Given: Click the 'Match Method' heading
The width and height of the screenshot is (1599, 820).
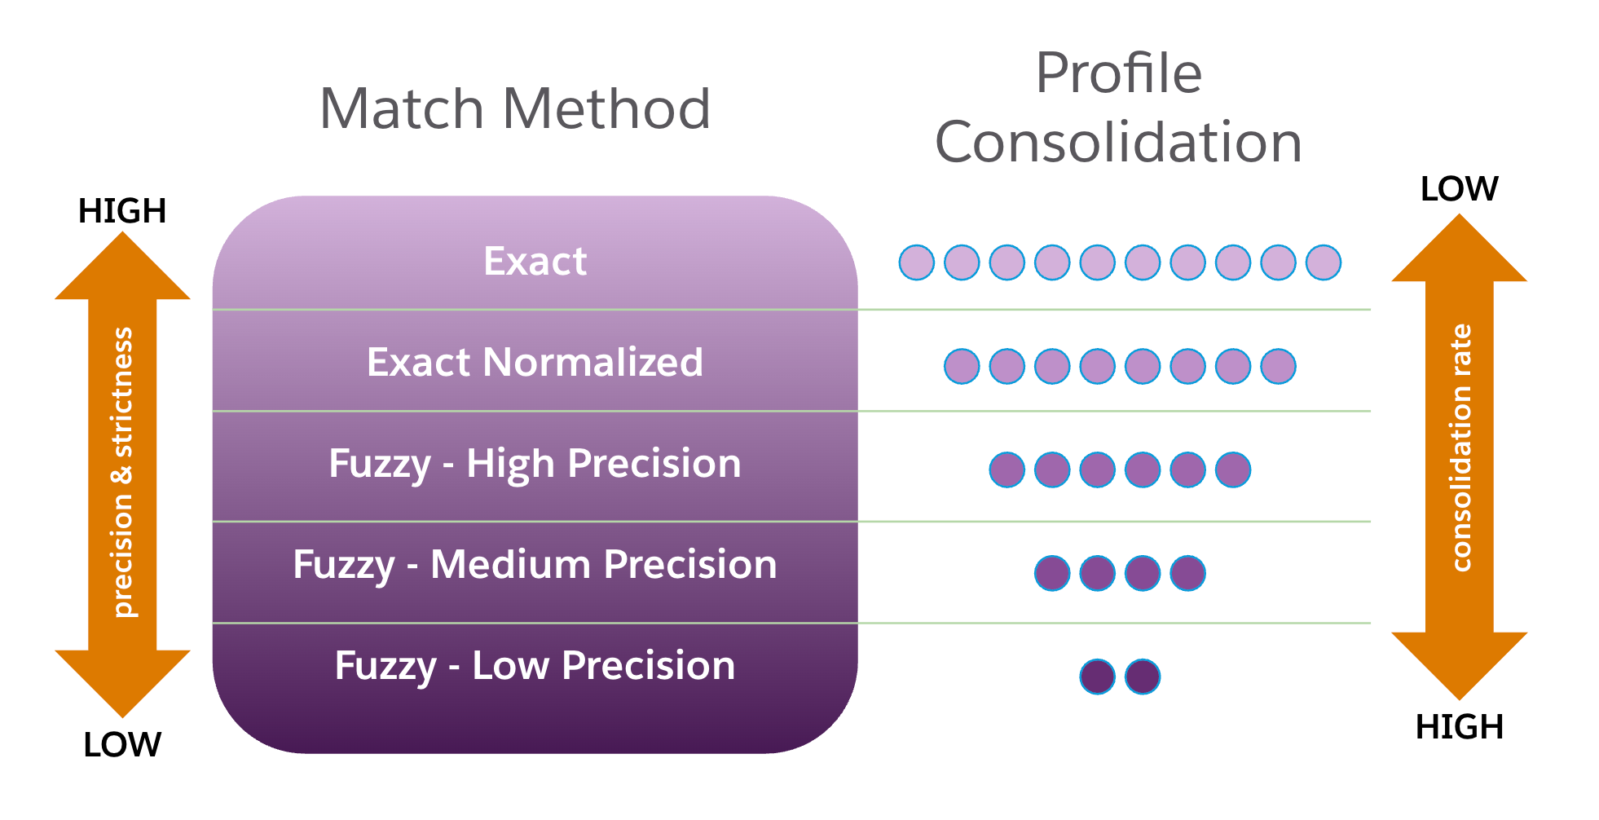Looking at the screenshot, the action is point(515,108).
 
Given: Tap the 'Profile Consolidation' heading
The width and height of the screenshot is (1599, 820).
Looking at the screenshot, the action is point(1118,108).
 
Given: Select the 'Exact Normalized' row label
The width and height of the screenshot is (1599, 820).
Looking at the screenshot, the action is point(535,362).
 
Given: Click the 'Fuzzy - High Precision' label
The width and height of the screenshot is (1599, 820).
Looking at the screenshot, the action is point(535,464).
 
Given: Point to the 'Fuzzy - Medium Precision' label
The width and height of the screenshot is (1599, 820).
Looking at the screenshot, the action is point(535,565).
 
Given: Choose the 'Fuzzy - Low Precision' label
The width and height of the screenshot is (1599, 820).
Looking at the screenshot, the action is point(535,666).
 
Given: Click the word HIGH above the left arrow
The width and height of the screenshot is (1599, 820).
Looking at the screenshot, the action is point(122,211).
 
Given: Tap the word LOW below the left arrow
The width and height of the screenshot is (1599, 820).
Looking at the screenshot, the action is point(122,745).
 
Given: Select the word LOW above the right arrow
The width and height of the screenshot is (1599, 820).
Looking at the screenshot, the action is point(1459,189).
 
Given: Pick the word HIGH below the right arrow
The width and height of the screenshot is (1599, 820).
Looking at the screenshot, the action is point(1459,727).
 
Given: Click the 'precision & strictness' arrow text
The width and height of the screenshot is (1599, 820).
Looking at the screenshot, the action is point(122,473).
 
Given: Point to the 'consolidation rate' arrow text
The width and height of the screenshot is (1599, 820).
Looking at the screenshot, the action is point(1461,447).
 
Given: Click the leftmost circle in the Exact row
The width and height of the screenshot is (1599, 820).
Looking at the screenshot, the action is point(917,262).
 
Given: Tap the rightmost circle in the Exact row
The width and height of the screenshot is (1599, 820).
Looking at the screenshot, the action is point(1324,262).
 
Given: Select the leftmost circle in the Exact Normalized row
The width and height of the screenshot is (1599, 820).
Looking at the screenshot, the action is point(962,366).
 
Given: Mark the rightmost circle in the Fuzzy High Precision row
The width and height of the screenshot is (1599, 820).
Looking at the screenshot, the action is point(1233,470).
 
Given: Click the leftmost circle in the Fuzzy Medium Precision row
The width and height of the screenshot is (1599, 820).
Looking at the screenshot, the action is point(1052,573).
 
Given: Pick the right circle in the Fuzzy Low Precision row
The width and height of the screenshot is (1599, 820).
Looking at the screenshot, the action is point(1143,677).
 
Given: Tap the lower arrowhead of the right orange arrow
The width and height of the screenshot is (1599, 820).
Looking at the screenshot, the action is point(1459,663).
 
